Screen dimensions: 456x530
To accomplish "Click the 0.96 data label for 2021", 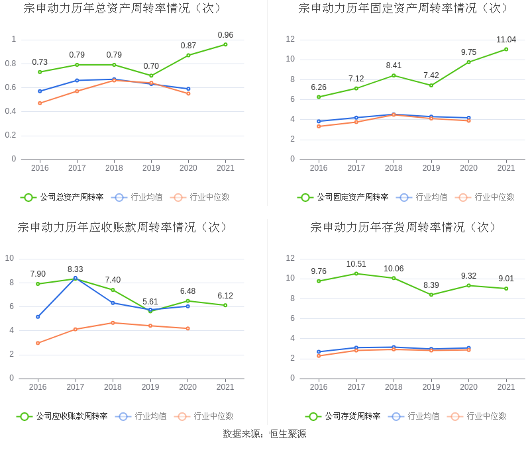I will click(225, 35).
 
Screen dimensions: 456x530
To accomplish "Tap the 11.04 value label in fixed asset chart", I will click(506, 40).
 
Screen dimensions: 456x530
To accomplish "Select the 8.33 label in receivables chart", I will click(75, 269).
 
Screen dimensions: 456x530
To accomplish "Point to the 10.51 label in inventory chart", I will click(356, 264).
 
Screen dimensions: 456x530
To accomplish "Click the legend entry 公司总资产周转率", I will click(62, 197).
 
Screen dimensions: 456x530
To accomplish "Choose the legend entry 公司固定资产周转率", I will click(343, 197).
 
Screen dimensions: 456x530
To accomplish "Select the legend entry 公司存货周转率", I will click(343, 416).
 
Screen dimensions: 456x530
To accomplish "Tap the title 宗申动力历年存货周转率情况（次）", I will click(403, 228).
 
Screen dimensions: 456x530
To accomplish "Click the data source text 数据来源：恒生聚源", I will click(264, 435).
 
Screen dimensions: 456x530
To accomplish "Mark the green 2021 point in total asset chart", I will click(225, 44).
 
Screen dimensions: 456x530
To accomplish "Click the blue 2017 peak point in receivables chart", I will click(75, 279).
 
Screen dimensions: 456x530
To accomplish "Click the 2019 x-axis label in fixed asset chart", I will click(431, 168).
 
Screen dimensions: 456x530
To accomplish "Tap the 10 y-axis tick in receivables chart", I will click(10, 258).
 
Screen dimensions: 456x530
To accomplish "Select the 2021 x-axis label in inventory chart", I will click(506, 387).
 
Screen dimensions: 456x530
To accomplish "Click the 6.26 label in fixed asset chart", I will click(319, 87).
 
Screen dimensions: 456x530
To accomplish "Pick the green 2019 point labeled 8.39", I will click(431, 295).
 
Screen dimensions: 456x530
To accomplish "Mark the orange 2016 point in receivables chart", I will click(38, 343).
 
